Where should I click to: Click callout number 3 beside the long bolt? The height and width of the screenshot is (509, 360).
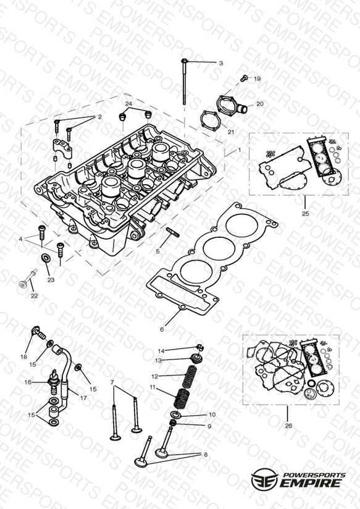coord(220,63)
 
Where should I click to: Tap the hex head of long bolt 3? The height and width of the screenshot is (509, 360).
coord(185,61)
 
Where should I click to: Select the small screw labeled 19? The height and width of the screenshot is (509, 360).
coord(244,78)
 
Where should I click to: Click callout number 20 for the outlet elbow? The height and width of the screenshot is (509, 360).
coord(260,104)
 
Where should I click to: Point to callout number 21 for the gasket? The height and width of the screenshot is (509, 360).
coord(230,132)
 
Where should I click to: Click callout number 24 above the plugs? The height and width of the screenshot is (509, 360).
coord(128,104)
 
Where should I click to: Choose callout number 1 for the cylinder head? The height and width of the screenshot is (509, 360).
coord(240,149)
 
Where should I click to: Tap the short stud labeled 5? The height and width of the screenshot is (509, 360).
coord(172,232)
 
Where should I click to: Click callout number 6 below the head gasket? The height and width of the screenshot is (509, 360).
coord(162,329)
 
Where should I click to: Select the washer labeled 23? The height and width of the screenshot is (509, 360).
coord(46,259)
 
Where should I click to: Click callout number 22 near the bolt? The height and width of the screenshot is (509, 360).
coord(34,296)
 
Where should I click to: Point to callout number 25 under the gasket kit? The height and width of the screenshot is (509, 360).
coord(306,214)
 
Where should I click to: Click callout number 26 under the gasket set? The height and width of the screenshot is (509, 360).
coord(288,426)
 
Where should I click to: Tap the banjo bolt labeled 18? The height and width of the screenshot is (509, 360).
coord(38,332)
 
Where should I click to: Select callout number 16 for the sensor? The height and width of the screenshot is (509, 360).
coord(28,382)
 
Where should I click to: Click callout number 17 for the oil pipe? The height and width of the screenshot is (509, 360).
coord(83,397)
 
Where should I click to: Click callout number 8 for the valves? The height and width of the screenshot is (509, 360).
coord(206,455)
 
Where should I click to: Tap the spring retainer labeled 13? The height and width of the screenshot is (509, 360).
coord(197,358)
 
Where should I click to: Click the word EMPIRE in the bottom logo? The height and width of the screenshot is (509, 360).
coord(311,483)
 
